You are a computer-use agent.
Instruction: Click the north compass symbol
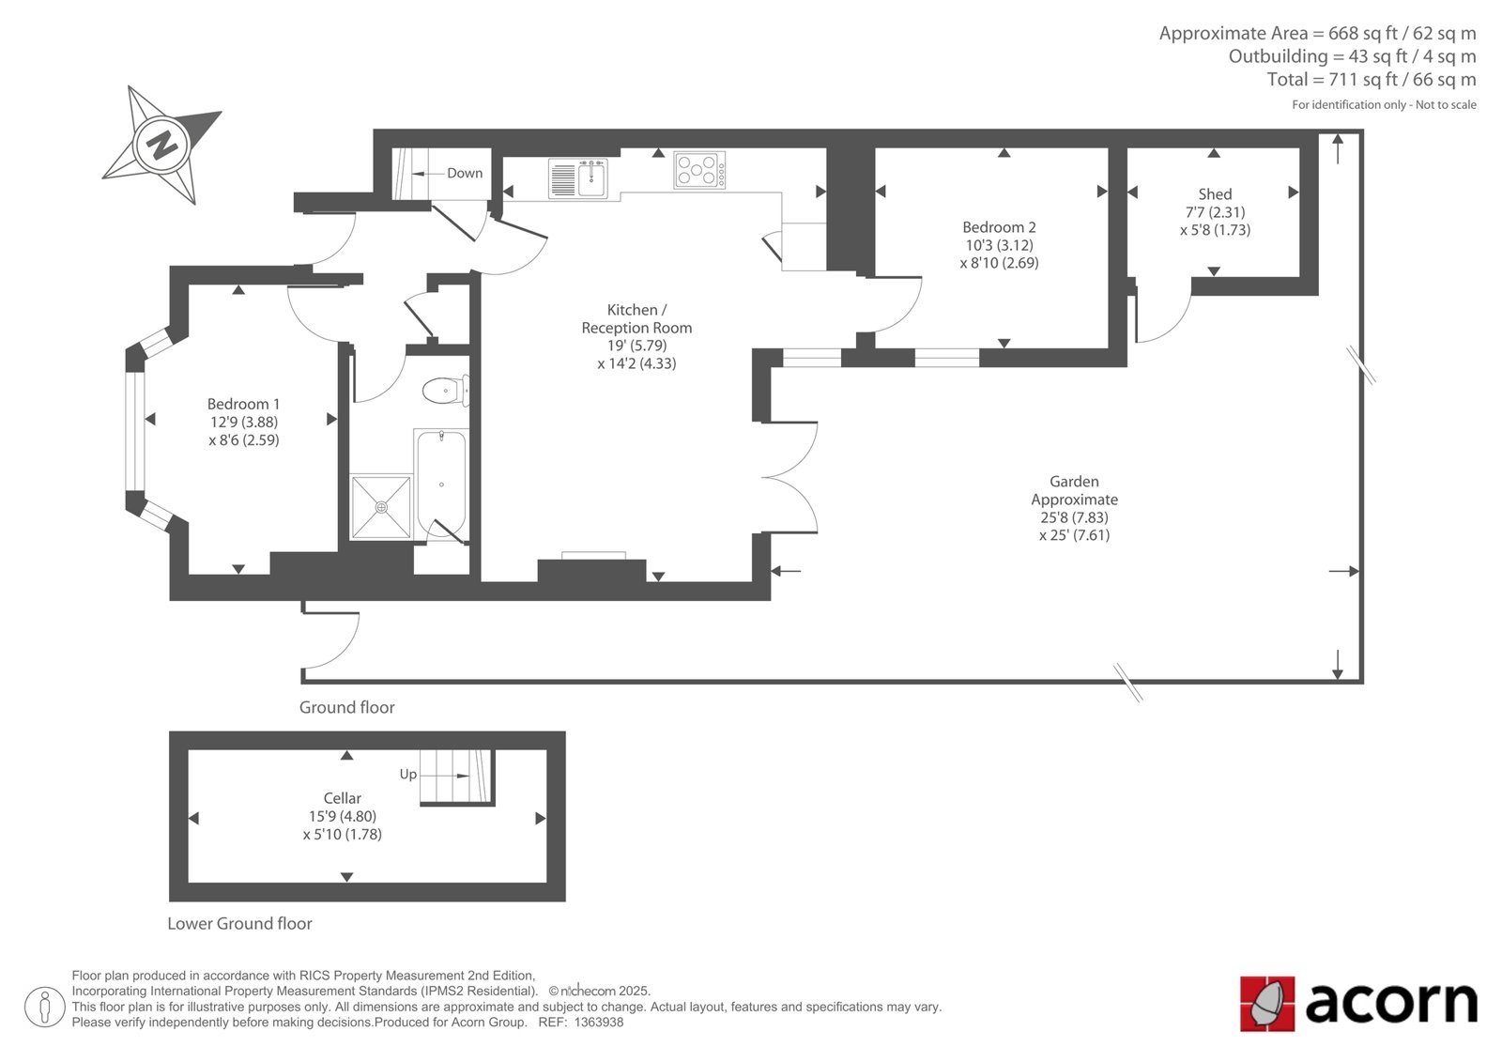161,145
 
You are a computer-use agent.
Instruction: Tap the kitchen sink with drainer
577,178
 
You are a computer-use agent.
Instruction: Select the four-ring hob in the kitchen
699,170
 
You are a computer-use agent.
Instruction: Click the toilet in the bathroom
445,391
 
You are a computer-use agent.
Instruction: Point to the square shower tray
381,506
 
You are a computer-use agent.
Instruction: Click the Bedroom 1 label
243,404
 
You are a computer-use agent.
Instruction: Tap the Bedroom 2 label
999,226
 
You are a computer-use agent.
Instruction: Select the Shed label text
1215,193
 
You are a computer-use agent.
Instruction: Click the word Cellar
342,798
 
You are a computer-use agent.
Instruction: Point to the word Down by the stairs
465,173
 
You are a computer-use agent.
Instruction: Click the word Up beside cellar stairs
408,774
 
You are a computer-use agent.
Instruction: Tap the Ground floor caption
346,707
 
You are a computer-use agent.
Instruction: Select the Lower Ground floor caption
239,923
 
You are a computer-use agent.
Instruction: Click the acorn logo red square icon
1267,1004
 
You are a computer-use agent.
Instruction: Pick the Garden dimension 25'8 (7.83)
1074,517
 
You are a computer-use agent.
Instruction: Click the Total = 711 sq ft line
1372,79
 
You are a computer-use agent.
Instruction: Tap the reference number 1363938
599,1023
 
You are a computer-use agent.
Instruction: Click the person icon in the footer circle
45,1007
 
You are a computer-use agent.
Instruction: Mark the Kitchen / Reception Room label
636,318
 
